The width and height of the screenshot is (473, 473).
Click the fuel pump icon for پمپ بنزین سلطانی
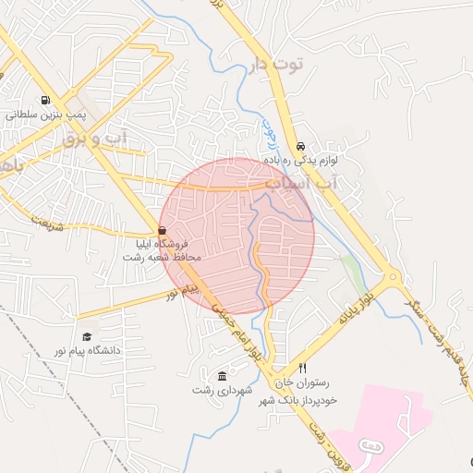point(44,102)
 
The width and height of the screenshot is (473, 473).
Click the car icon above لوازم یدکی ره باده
point(301,147)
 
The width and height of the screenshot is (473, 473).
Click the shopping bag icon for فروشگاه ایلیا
point(163,230)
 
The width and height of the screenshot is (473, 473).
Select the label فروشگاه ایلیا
point(163,244)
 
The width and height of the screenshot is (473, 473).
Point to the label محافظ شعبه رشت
point(163,257)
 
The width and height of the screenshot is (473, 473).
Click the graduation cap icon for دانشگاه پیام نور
point(87,337)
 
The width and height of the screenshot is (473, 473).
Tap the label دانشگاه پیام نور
point(90,351)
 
